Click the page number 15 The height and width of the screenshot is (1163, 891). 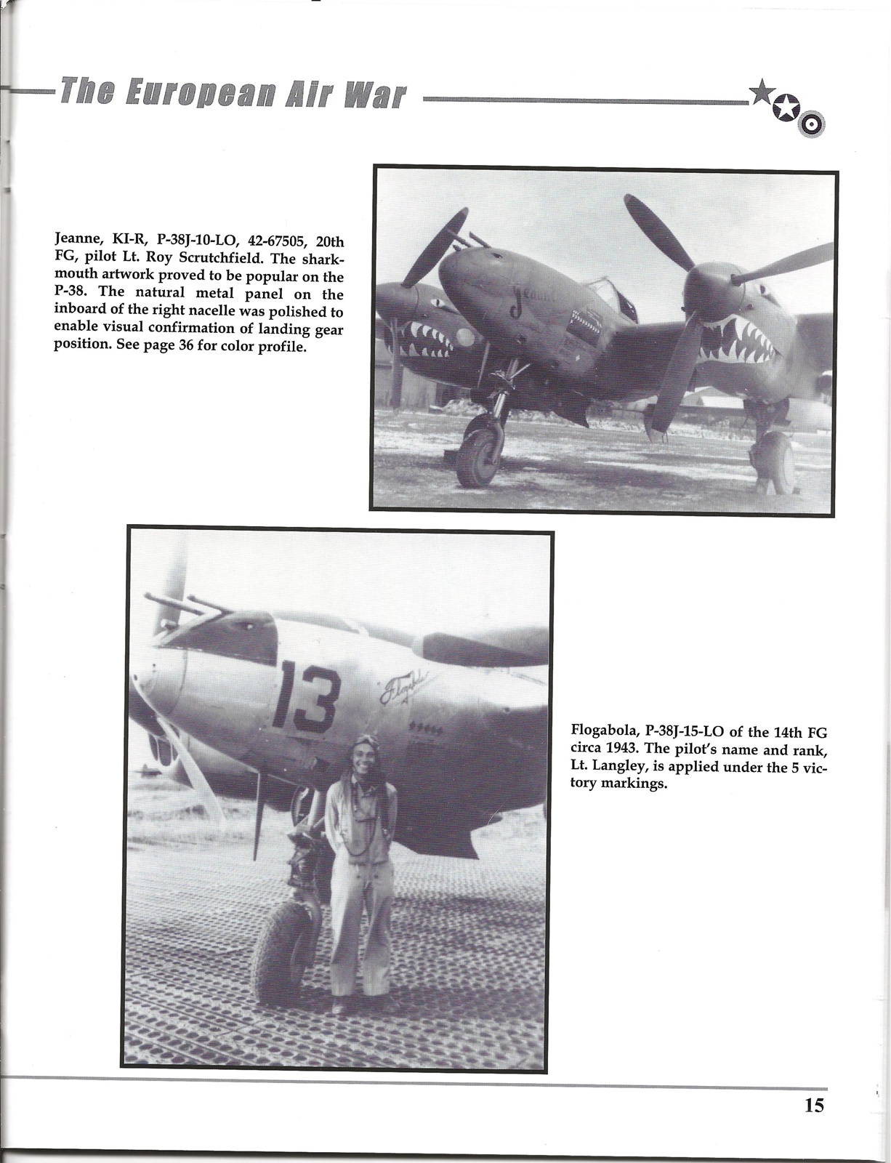(x=814, y=1106)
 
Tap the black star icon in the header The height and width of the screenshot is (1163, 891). (x=761, y=92)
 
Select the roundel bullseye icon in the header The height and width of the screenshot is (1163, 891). (x=811, y=126)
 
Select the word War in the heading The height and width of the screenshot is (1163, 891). (x=377, y=95)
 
